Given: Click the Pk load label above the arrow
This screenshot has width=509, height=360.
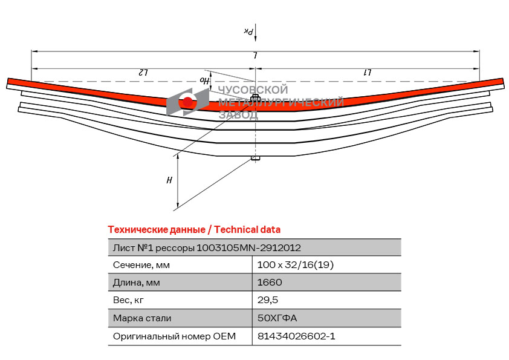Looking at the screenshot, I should pos(248,31).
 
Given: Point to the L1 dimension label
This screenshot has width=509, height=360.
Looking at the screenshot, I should pos(367,72).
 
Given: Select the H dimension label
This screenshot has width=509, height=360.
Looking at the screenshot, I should pos(170,180).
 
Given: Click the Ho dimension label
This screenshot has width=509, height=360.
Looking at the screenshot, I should pos(204,79).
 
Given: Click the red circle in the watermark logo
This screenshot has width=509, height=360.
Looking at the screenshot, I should pos(188,102).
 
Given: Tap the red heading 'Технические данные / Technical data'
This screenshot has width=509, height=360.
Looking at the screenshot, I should pos(194,229).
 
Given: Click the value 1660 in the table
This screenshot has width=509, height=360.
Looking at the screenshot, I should pos(270,283).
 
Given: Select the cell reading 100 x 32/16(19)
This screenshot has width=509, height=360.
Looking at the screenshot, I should pos(295,265).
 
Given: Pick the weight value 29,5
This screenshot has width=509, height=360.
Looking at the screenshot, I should pos(268,300).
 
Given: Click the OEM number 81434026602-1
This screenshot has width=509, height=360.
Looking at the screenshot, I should pos(296,336).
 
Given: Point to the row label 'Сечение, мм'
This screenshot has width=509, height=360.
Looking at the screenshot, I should pos(141,265).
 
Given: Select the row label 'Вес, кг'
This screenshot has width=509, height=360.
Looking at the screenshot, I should pos(129,300).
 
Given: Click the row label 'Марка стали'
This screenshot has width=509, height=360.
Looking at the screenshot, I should pos(142,318).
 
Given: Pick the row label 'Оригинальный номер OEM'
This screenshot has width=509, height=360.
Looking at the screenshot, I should pos(174,336).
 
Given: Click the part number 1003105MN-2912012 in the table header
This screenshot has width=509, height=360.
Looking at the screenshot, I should pos(249,247).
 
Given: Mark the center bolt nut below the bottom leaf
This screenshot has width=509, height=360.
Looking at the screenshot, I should pos(256,159).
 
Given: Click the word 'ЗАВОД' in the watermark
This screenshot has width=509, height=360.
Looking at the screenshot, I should pos(238,115).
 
